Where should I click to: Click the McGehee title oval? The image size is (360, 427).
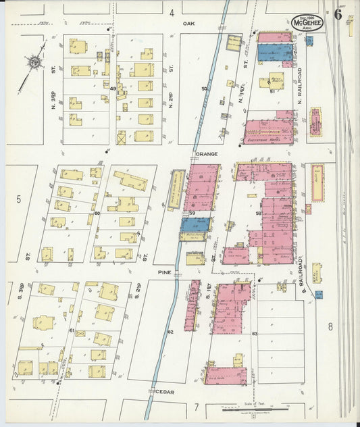click(x=307, y=22)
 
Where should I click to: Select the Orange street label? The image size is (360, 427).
click(x=206, y=154)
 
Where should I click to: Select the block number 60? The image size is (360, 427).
click(x=97, y=214)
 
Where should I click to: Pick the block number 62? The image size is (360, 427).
click(x=170, y=331)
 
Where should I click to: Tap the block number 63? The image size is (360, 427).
click(x=255, y=334)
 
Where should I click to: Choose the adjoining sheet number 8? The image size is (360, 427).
click(x=330, y=327)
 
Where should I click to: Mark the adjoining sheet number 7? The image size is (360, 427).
click(x=196, y=407)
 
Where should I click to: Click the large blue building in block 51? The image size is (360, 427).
click(x=275, y=53)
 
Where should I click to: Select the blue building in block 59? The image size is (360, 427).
click(x=195, y=224)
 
